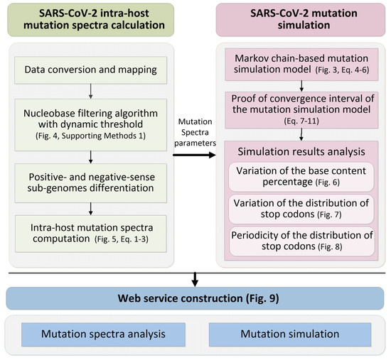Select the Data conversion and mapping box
point(92,71)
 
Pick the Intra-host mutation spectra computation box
point(92,227)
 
